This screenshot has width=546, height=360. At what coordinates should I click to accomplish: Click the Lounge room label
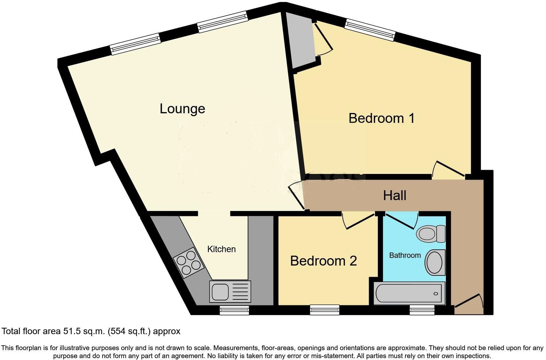click(182, 109)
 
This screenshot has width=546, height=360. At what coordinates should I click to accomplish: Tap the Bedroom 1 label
click(381, 118)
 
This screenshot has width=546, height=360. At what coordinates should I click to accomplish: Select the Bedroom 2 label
click(323, 261)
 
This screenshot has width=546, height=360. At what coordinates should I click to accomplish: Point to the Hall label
click(395, 196)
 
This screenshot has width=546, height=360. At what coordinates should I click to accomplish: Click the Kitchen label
click(221, 249)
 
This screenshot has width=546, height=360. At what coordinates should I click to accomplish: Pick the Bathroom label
click(405, 255)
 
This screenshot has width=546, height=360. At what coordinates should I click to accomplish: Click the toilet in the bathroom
click(431, 234)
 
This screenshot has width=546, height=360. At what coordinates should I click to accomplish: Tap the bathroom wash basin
click(435, 262)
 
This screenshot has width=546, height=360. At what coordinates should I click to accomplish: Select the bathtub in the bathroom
click(409, 293)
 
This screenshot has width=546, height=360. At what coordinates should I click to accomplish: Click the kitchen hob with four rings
click(188, 263)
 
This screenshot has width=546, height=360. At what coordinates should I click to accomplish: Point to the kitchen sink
click(230, 292)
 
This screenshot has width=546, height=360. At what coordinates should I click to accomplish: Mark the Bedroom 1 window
click(370, 30)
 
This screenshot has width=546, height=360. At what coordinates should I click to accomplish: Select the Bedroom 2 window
click(325, 310)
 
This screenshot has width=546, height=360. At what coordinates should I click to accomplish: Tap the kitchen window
click(234, 310)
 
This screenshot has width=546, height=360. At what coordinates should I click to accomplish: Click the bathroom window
click(422, 310)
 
